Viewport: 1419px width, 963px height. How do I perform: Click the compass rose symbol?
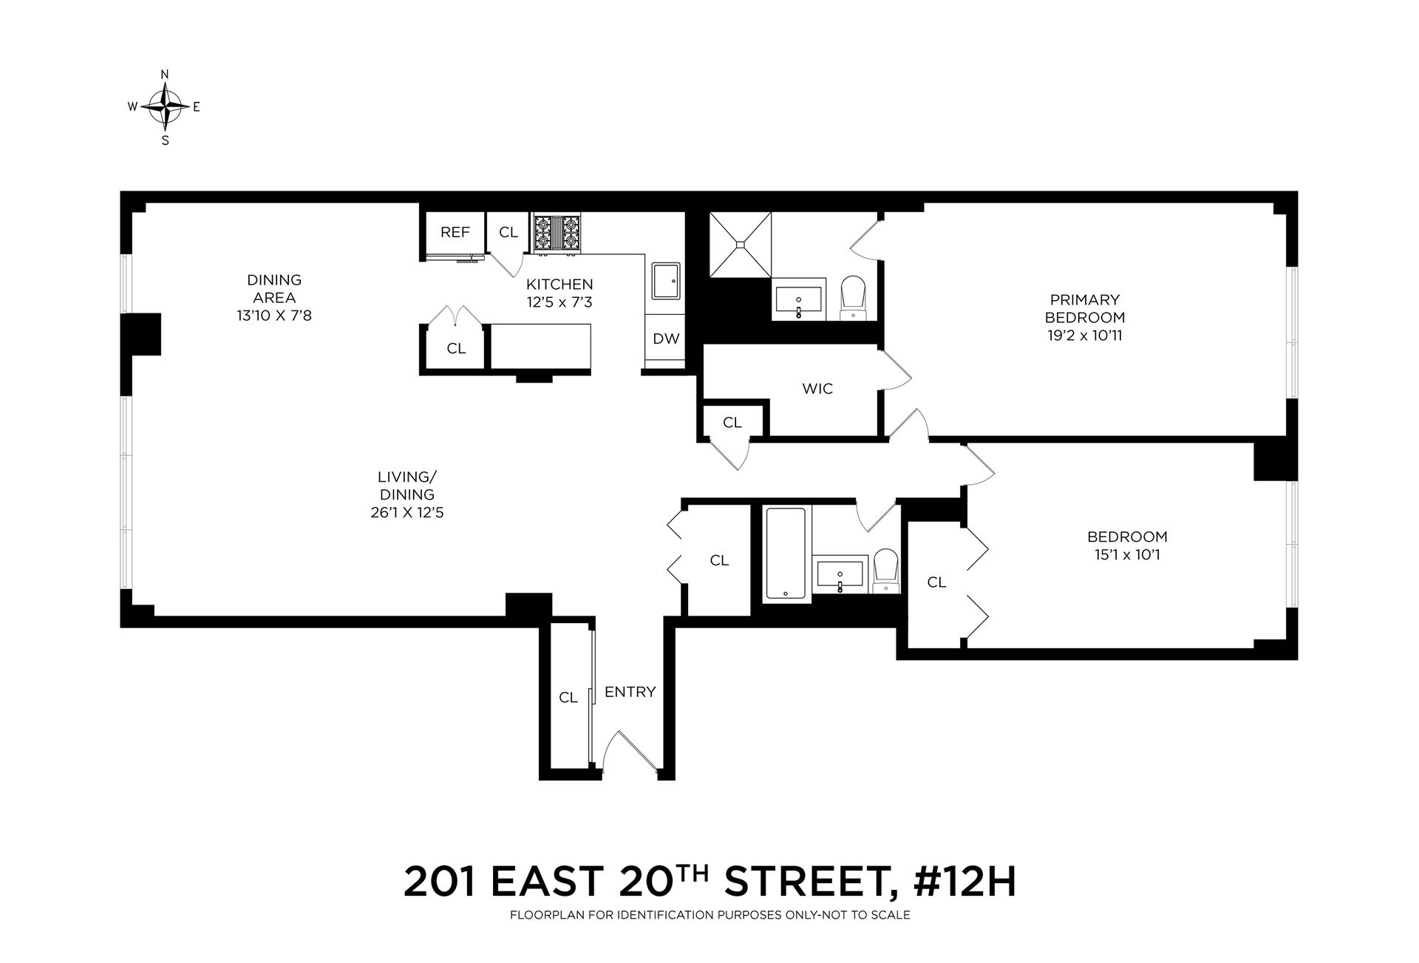[165, 106]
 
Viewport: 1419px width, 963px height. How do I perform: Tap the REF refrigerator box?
[455, 233]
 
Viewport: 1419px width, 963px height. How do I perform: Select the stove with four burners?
[557, 233]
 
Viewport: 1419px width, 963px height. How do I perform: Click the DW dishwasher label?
[666, 339]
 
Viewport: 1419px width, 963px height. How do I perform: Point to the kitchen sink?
[666, 281]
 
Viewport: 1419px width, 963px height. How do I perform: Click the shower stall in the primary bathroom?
[740, 245]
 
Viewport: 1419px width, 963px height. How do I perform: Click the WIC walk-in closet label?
[817, 389]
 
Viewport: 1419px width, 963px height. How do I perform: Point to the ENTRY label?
[630, 692]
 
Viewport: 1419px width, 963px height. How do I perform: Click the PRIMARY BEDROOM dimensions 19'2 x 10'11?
[1085, 336]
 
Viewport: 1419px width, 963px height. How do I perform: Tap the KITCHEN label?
[559, 285]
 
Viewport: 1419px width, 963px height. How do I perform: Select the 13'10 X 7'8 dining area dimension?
[274, 316]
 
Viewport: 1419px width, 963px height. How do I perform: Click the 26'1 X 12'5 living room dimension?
[407, 513]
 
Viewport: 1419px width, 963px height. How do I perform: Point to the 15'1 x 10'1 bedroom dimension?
[1127, 555]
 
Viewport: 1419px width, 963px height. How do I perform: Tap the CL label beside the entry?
[568, 698]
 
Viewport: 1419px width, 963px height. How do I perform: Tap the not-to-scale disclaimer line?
[709, 916]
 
